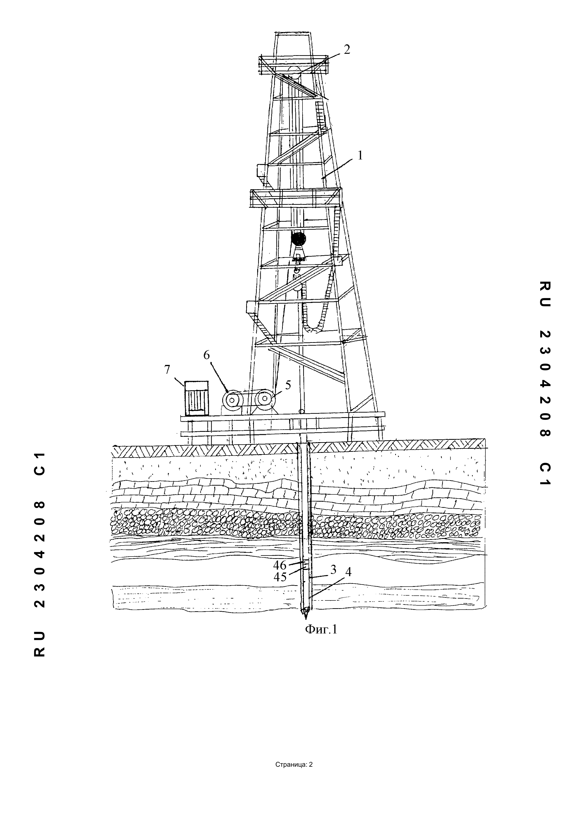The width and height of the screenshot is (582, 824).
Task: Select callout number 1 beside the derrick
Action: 360,155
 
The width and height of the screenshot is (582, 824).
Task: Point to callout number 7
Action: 167,370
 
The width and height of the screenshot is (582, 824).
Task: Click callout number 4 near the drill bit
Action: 348,572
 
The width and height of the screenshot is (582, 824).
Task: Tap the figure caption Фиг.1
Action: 321,629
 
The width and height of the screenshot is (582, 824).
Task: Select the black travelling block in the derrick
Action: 298,239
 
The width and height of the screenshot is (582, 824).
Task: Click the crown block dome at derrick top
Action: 294,70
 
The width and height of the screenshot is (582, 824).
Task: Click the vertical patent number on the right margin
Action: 544,384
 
